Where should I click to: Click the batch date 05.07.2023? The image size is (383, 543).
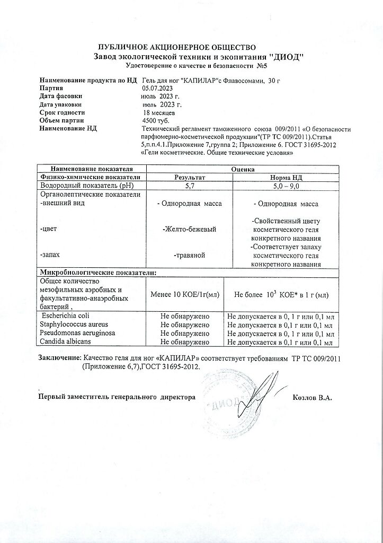159,88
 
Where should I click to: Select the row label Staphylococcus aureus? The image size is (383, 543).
72,325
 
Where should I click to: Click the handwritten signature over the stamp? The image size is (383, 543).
249,397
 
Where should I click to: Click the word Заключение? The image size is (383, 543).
59,358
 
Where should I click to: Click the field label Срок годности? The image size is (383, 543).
62,112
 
